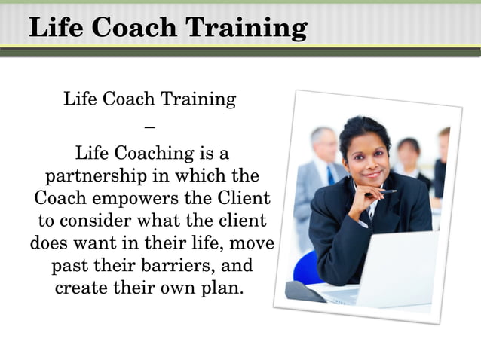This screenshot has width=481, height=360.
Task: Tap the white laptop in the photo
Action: pos(392,271)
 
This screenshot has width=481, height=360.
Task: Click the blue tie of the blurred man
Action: pos(330,175)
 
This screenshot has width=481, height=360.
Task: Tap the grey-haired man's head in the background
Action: pos(323,142)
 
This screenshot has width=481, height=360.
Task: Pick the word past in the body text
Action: pos(70,267)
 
